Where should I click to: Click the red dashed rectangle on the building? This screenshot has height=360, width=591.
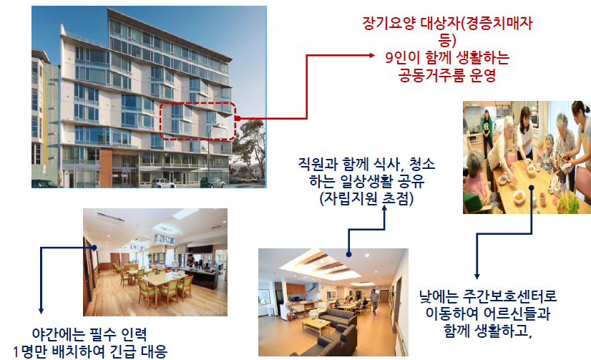click(197, 102)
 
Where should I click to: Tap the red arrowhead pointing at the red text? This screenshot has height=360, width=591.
click(371, 55)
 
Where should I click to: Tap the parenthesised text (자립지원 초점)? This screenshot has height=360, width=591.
click(366, 198)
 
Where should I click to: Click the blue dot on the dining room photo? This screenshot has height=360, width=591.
click(94, 248)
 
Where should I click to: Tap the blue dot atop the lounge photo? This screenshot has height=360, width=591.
click(348, 255)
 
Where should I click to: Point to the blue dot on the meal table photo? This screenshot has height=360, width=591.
click(532, 188)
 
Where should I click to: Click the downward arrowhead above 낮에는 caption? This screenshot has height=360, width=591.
click(477, 276)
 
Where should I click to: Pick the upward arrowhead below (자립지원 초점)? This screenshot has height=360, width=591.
click(384, 208)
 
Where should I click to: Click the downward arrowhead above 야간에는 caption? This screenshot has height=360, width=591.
click(41, 311)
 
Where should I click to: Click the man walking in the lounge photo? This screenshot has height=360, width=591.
click(374, 301)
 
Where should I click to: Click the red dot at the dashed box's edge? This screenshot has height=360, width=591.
click(238, 118)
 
